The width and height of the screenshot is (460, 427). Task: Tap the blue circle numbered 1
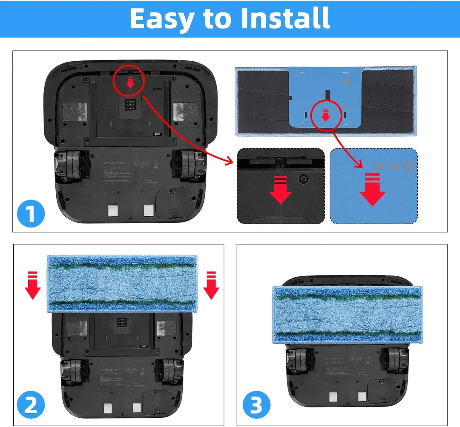click(31, 213)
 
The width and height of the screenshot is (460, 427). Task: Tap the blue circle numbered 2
click(31, 405)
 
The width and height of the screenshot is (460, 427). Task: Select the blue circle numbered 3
click(256, 405)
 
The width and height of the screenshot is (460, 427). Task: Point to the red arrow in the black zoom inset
click(280, 190)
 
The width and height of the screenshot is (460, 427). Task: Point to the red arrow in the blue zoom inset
click(372, 189)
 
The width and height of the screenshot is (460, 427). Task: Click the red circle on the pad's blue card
click(326, 115)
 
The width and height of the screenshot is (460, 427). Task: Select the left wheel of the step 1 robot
click(68, 165)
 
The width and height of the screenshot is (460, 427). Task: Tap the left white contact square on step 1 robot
click(113, 210)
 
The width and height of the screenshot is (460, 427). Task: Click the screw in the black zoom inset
click(303, 179)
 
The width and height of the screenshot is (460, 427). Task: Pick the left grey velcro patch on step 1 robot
click(75, 112)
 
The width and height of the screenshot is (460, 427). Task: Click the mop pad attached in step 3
click(347, 315)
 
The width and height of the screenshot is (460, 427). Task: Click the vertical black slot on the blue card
click(328, 94)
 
